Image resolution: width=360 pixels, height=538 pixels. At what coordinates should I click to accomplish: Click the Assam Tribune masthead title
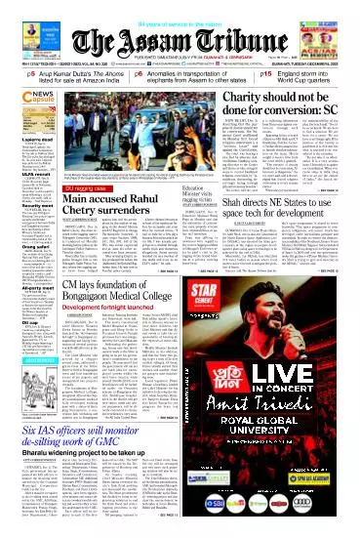(x=180, y=28)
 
